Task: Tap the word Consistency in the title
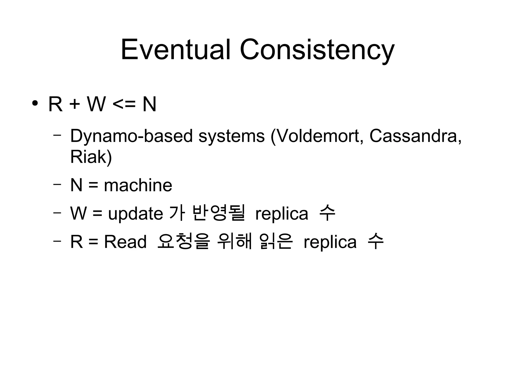(x=317, y=50)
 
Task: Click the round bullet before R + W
(x=35, y=103)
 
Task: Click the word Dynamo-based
(x=131, y=136)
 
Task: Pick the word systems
(x=232, y=136)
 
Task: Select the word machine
(x=138, y=185)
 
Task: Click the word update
(x=136, y=214)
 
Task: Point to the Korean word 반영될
(x=218, y=213)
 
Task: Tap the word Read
(x=125, y=242)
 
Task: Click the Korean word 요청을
(x=183, y=241)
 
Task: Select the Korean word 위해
(x=234, y=241)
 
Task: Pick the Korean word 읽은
(x=276, y=241)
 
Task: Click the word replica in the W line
(x=282, y=214)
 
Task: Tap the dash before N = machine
(x=57, y=184)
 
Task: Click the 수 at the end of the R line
(x=375, y=241)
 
